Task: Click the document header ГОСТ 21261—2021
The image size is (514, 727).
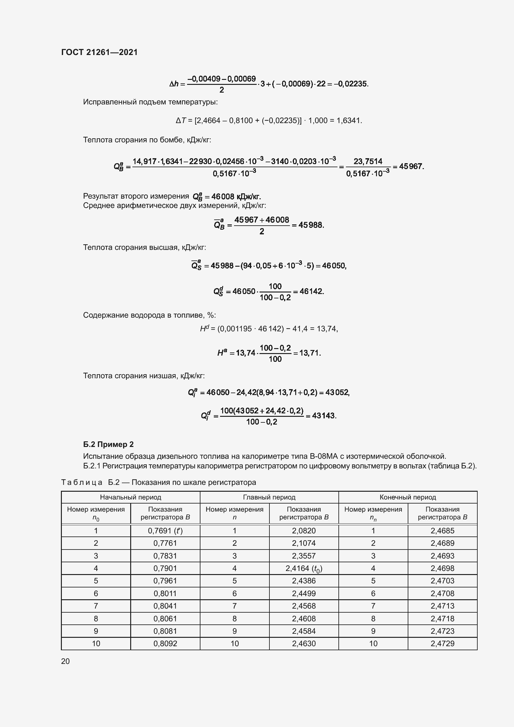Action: point(99,52)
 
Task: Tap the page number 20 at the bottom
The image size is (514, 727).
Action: point(65,661)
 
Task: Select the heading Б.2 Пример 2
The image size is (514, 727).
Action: point(108,444)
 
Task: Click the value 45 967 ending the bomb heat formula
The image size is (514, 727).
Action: point(411,166)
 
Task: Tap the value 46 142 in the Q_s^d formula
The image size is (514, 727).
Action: point(311,291)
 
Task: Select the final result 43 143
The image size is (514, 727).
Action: point(324,416)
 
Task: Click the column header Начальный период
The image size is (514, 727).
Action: point(131,497)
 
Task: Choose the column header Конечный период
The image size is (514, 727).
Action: point(408,497)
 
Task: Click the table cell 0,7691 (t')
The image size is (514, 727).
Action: point(165,531)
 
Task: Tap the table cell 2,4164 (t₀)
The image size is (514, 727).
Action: point(304,568)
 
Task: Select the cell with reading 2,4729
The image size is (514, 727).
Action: point(442,643)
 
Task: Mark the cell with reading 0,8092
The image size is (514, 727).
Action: point(165,643)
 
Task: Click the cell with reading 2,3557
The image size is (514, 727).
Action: point(304,556)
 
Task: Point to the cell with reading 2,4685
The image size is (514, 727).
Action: point(442,531)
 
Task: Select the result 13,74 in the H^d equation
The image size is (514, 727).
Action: point(327,329)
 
